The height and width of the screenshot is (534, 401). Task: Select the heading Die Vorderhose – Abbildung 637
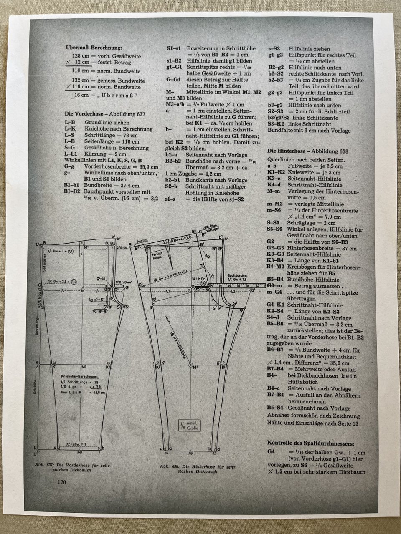(105, 113)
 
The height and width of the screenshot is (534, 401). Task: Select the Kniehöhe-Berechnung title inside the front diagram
(79, 376)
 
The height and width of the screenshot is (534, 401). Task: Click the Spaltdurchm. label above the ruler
(239, 276)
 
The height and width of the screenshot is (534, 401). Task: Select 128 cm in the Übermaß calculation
(80, 56)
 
